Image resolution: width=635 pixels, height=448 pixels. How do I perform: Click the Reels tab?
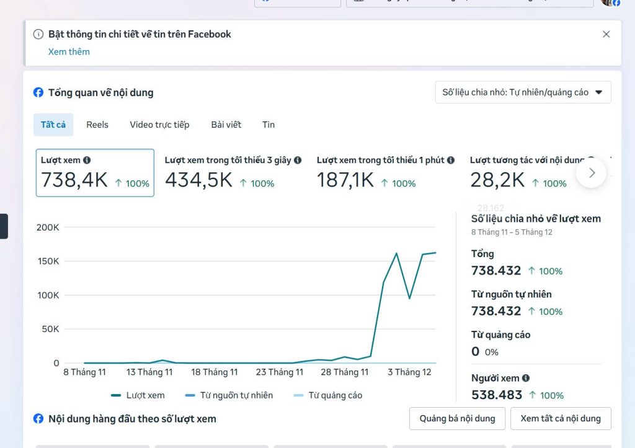[97, 125]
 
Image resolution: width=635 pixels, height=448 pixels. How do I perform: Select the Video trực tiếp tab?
[159, 125]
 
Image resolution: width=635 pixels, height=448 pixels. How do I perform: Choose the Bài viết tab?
[226, 125]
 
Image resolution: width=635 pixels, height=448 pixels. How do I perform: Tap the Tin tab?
[269, 125]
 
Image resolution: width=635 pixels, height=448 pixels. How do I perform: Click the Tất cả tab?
[53, 125]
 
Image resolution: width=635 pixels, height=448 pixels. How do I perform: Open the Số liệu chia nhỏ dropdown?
[523, 92]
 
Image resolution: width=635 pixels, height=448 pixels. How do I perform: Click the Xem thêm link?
[69, 52]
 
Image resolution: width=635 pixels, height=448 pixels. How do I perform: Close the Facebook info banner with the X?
[606, 34]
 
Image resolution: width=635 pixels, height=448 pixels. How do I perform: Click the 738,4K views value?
[74, 180]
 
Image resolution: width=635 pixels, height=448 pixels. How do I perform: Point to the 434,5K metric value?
[198, 180]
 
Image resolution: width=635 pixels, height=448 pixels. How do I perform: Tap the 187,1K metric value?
[345, 180]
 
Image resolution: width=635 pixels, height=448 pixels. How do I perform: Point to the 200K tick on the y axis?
[48, 227]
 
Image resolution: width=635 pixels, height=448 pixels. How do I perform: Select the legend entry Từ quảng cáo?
[335, 395]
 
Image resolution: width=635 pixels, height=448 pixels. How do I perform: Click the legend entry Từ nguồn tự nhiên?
[236, 395]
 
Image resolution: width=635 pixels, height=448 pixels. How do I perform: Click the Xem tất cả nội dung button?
[561, 418]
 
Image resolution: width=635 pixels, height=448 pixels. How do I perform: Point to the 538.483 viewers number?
[497, 395]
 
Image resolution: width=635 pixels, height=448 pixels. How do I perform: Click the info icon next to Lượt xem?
[87, 160]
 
